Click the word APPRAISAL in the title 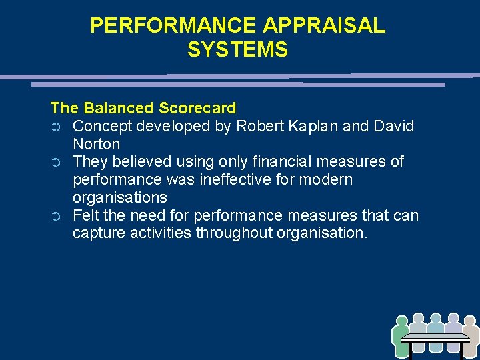pyautogui.click(x=324, y=25)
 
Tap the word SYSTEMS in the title pyautogui.click(x=237, y=50)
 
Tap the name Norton pyautogui.click(x=96, y=144)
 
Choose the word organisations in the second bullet pyautogui.click(x=120, y=198)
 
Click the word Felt pyautogui.click(x=85, y=216)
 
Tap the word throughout pyautogui.click(x=239, y=234)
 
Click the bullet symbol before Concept pyautogui.click(x=56, y=127)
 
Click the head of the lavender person pyautogui.click(x=453, y=319)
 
